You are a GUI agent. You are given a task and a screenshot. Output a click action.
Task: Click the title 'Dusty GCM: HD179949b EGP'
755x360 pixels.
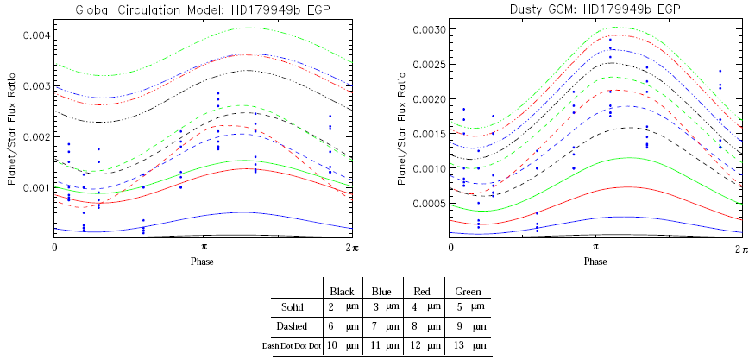pyautogui.click(x=595, y=10)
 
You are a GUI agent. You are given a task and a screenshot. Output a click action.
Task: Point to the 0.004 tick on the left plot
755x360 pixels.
pyautogui.click(x=37, y=35)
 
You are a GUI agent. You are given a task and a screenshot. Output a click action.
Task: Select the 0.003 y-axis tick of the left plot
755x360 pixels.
pyautogui.click(x=37, y=86)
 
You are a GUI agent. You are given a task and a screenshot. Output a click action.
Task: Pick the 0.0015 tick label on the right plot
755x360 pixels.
pyautogui.click(x=428, y=134)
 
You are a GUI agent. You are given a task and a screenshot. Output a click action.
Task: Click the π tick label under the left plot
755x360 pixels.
pyautogui.click(x=204, y=248)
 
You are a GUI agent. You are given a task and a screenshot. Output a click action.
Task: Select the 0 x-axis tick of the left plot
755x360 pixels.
pyautogui.click(x=55, y=248)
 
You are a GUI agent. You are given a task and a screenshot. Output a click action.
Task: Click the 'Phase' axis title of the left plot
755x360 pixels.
pyautogui.click(x=204, y=261)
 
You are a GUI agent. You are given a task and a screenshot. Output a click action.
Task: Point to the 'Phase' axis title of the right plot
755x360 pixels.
pyautogui.click(x=595, y=261)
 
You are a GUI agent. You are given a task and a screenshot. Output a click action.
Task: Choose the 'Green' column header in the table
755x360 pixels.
pyautogui.click(x=467, y=292)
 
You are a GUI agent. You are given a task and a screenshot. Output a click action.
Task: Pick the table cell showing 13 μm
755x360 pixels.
pyautogui.click(x=467, y=345)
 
